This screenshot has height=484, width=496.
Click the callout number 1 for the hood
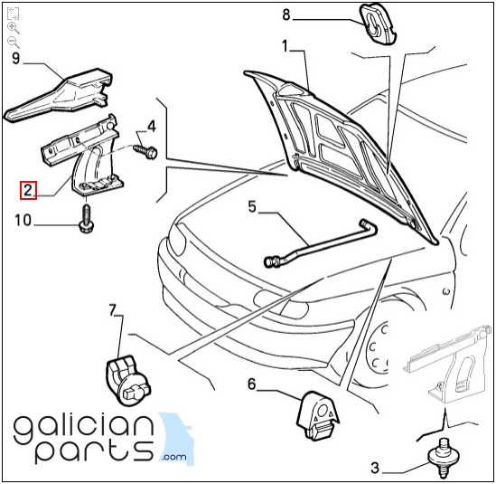(285, 45)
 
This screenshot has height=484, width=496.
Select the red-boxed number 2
(29, 190)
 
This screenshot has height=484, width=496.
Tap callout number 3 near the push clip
(375, 468)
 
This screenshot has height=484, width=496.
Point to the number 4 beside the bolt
(152, 126)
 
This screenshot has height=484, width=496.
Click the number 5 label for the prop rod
(252, 206)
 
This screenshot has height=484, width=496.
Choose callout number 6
(251, 384)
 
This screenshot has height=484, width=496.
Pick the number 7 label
(113, 310)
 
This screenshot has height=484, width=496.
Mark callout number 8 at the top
(286, 14)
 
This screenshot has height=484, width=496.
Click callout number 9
(16, 58)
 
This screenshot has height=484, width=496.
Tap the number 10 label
(23, 220)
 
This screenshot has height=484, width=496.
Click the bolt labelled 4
(145, 151)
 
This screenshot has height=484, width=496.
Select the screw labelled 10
(86, 220)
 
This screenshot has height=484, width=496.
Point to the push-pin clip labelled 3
(442, 458)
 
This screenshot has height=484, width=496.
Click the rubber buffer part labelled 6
(318, 415)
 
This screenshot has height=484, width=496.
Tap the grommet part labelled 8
(377, 24)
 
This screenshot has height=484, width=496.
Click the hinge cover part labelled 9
(59, 94)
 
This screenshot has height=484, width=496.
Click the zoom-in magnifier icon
(14, 28)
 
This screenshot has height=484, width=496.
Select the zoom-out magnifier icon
(14, 43)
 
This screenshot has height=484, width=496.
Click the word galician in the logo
(84, 430)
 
